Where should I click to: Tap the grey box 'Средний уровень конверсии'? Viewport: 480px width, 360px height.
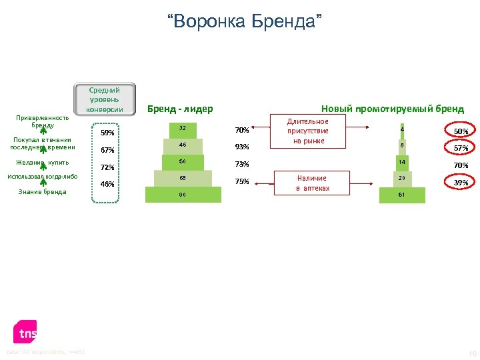click(x=105, y=99)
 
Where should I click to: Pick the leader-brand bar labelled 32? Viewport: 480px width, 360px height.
click(x=183, y=129)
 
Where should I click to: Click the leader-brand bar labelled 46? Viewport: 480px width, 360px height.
click(x=183, y=145)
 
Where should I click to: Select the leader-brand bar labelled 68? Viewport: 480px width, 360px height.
click(x=183, y=178)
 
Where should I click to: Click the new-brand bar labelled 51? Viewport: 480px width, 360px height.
click(x=402, y=195)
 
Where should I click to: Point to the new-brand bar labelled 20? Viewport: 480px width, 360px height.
click(x=402, y=178)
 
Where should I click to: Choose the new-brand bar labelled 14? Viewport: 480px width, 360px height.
click(x=402, y=162)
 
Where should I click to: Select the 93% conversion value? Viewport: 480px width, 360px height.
click(x=242, y=147)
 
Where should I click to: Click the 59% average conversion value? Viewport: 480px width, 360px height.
click(x=107, y=133)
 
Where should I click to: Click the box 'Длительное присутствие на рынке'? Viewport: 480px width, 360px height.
click(x=308, y=131)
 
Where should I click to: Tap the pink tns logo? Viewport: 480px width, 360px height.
click(x=26, y=332)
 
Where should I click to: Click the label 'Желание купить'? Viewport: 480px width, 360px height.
click(x=42, y=162)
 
